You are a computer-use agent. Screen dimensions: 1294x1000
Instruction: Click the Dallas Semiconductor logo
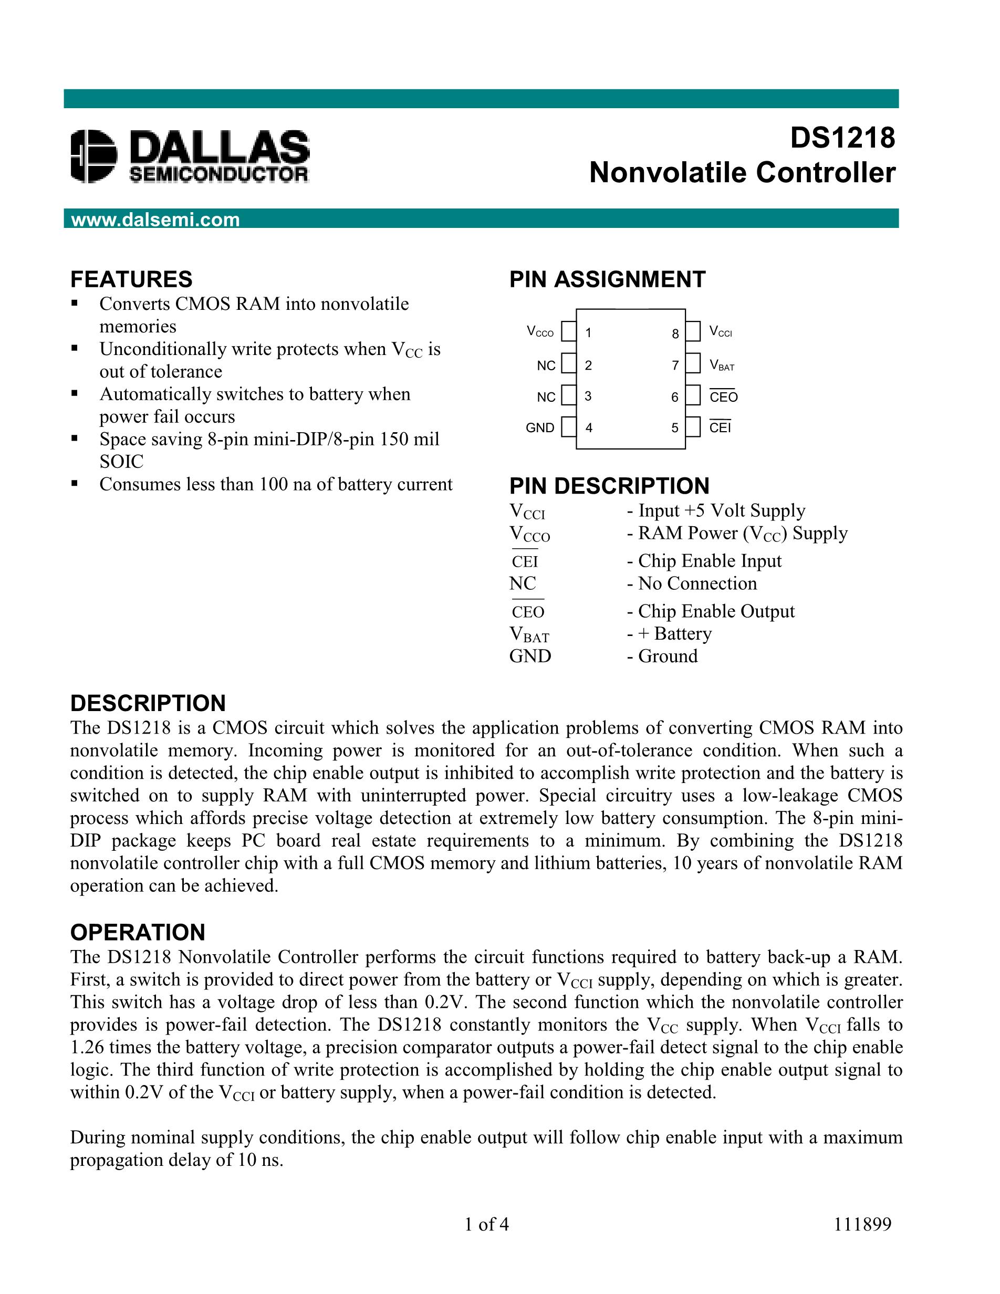coord(190,156)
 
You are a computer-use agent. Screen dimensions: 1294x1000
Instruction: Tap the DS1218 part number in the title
coord(842,138)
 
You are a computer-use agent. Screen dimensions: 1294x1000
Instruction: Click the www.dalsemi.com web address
coord(155,220)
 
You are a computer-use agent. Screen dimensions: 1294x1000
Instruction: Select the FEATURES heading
coord(131,279)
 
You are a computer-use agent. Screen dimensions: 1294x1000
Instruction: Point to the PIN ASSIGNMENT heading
coord(607,279)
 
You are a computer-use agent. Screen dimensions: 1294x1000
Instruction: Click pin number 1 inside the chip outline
coord(588,333)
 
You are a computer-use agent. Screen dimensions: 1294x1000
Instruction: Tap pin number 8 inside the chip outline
coord(675,334)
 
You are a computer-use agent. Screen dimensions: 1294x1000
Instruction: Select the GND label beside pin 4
coord(540,428)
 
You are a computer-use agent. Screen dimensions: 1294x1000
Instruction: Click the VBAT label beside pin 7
coord(722,366)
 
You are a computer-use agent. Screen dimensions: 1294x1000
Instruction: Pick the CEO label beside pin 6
coord(723,398)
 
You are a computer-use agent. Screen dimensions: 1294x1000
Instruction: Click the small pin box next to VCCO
coord(568,332)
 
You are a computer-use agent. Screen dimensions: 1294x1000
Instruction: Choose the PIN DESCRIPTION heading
coord(609,486)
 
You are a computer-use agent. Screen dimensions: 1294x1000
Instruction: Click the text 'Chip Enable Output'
coord(716,611)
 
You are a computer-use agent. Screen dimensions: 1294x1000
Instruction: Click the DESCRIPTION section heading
coord(148,703)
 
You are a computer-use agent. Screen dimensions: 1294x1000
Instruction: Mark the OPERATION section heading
coord(138,932)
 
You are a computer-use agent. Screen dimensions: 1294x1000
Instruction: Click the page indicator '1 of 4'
coord(486,1224)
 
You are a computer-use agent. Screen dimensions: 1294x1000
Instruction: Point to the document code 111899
coord(862,1224)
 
